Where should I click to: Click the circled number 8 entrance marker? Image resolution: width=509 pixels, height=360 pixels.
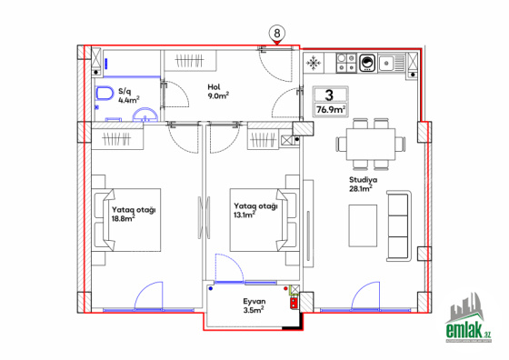(276, 34)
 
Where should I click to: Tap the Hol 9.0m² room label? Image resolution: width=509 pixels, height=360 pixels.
(218, 92)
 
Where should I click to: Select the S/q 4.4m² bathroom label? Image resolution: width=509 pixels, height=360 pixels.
(128, 95)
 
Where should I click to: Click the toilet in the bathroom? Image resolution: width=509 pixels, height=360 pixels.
(105, 93)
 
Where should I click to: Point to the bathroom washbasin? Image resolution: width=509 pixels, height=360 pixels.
(145, 115)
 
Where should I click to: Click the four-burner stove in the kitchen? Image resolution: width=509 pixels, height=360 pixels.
(346, 63)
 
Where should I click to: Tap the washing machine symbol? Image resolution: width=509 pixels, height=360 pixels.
(367, 63)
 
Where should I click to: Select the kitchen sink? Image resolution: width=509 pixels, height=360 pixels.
(392, 63)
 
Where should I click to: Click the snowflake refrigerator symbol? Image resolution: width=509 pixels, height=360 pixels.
(314, 63)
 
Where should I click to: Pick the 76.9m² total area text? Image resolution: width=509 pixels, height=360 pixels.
(331, 110)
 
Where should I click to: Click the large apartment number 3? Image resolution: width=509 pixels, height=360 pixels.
(329, 95)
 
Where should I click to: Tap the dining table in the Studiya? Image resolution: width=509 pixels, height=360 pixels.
(371, 145)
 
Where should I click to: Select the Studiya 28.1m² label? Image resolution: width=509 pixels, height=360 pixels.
(363, 184)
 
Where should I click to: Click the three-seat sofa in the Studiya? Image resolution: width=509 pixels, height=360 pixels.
(399, 226)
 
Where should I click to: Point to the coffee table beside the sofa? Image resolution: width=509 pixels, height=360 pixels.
(363, 225)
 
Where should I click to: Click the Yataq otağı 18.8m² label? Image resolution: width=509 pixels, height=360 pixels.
(134, 214)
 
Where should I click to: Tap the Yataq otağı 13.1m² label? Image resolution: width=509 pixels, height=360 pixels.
(255, 210)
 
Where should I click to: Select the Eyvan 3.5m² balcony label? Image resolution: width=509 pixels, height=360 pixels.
(254, 305)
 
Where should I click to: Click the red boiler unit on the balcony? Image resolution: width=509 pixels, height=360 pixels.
(294, 303)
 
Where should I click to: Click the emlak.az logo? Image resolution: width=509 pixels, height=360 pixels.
(468, 318)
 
